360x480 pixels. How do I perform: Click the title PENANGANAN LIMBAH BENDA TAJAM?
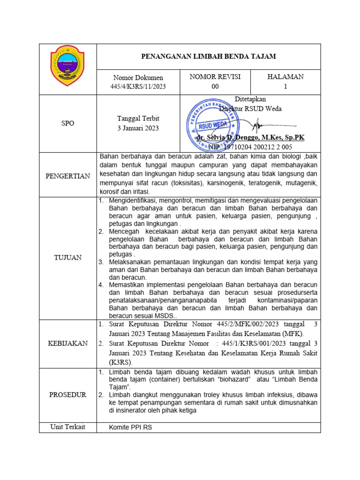pos(209,57)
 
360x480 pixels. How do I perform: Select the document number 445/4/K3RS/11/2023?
pos(138,86)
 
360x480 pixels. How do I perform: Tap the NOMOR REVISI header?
pos(215,77)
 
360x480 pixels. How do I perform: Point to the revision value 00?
pos(215,86)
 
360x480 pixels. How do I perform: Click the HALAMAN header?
pos(285,77)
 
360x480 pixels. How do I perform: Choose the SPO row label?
pos(68,123)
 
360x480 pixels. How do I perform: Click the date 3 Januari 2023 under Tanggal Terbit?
pos(138,128)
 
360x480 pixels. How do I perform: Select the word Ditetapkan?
pos(250,99)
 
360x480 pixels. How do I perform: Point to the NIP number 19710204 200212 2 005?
pos(259,147)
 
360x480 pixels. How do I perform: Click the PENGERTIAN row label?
pos(68,176)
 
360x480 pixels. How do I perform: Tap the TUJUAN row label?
pos(68,257)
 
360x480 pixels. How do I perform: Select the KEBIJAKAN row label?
pos(68,343)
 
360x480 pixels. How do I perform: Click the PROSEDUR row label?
pos(68,395)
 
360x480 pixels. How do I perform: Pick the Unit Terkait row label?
pos(68,427)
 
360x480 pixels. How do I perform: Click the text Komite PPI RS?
pos(131,427)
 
